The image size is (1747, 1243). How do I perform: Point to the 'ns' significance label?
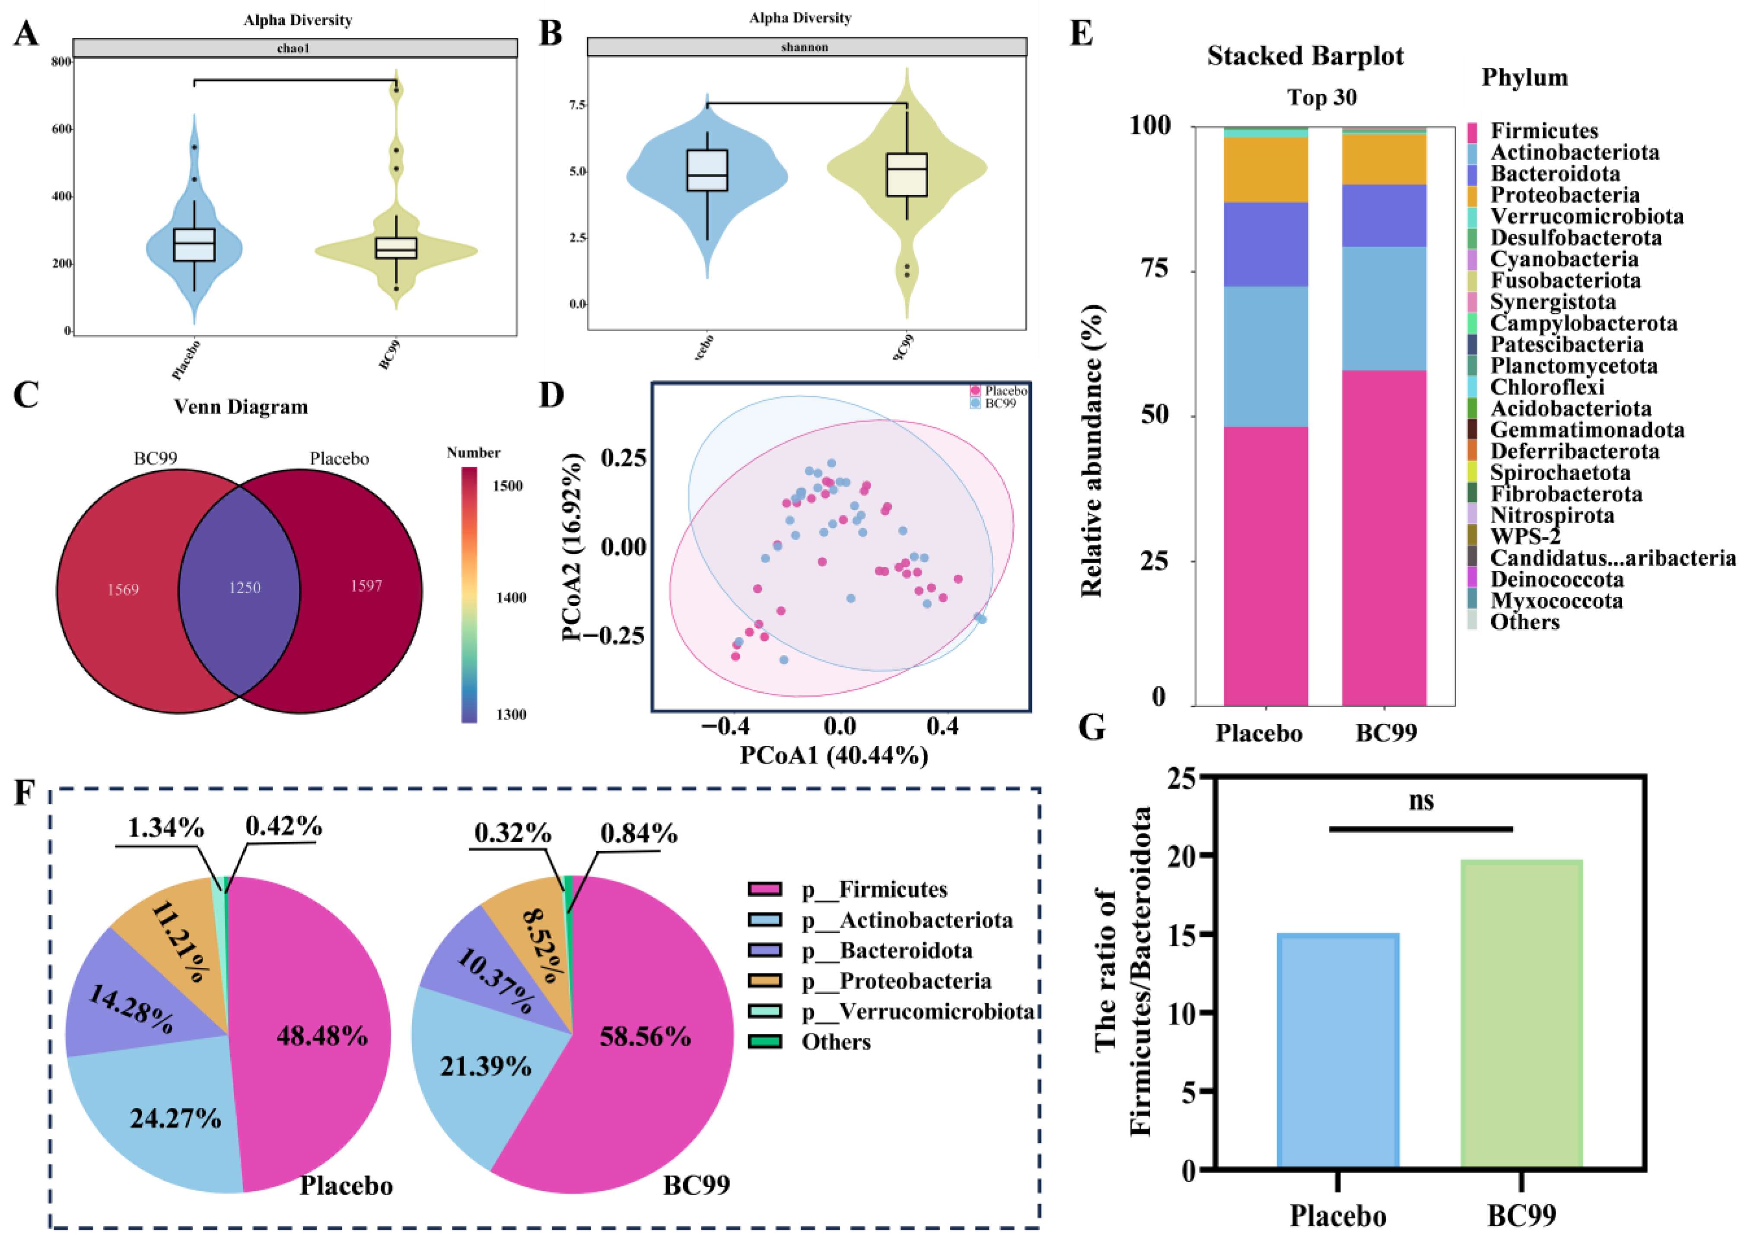pos(1421,801)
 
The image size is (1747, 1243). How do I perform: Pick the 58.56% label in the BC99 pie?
pos(646,1037)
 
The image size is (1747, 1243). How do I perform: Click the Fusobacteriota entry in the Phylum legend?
pos(1566,281)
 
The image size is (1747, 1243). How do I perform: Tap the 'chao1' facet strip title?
pos(293,48)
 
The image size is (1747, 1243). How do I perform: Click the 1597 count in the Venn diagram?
pos(366,586)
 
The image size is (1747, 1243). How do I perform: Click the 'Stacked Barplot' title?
pos(1305,56)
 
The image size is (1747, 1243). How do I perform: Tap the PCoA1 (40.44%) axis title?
pos(834,755)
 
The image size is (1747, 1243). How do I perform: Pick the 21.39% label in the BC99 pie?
pos(485,1067)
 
